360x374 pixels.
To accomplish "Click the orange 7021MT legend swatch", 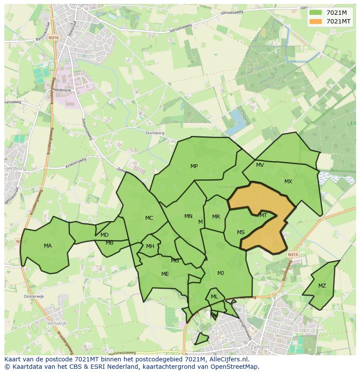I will click(x=316, y=21).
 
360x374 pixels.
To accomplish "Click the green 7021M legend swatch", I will click(x=316, y=13).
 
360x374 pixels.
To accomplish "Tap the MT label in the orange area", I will click(x=263, y=215).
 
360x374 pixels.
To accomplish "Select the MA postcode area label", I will click(x=48, y=246).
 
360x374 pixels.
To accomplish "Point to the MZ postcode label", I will click(x=322, y=286).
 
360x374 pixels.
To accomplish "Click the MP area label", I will click(x=194, y=166).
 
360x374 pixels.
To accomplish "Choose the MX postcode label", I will click(x=288, y=182).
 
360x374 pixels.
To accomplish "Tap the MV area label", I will click(x=260, y=165).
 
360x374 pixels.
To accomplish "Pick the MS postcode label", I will click(x=240, y=232).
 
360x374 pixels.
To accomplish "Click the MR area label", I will click(x=216, y=217).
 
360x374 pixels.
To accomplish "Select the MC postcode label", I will click(x=149, y=218).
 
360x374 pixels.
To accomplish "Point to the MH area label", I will click(x=150, y=246).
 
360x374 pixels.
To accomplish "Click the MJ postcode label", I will click(x=220, y=273).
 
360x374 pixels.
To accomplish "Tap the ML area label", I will click(x=214, y=297).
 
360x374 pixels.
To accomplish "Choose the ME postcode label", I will click(x=165, y=274).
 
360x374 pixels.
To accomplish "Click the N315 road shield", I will click(x=293, y=255).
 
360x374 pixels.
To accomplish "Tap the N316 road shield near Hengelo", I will click(x=53, y=38).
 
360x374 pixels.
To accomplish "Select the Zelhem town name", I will click(x=260, y=348).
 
